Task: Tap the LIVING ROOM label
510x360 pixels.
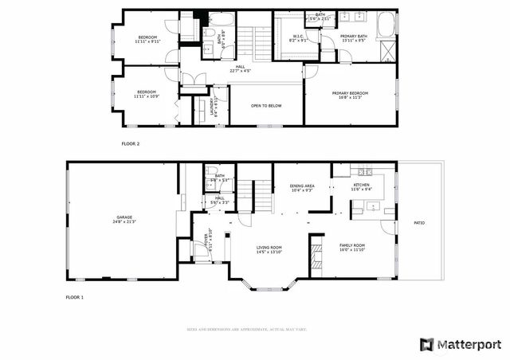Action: (269, 248)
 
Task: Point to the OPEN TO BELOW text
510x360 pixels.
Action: (266, 105)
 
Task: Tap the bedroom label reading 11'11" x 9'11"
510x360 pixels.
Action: (148, 40)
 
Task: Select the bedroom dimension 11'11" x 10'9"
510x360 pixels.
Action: (148, 96)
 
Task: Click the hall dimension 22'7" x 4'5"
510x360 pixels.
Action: (240, 72)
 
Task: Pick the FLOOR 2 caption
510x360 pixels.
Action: (130, 144)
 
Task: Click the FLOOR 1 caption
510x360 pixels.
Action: (74, 296)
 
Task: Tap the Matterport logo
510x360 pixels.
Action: (461, 344)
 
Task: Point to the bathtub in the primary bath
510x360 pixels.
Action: (386, 24)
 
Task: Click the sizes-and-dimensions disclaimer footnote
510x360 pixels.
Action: (247, 329)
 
